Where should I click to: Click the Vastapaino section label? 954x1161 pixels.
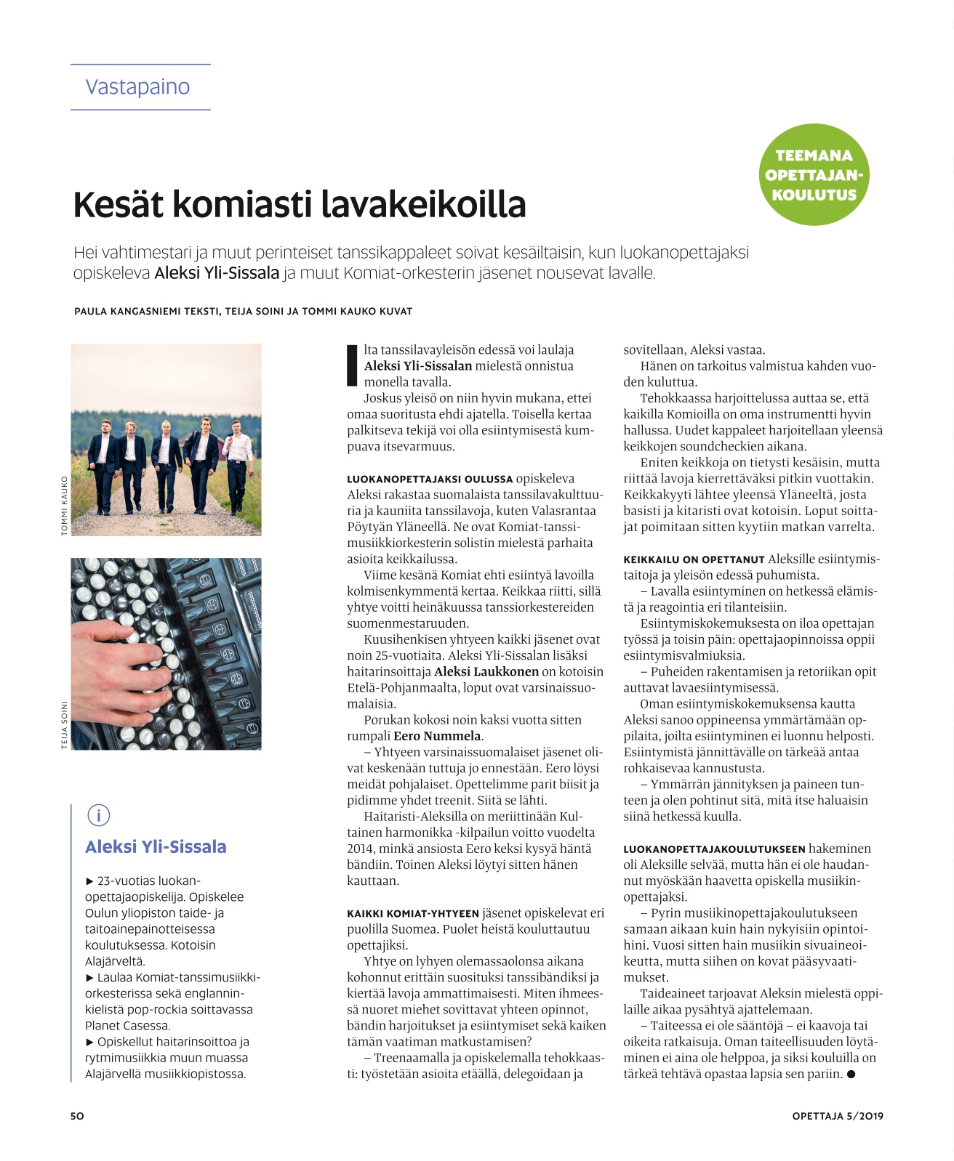(x=137, y=86)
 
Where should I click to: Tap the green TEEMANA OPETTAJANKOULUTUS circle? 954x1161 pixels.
(x=814, y=174)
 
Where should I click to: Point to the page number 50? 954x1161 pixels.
(x=77, y=1116)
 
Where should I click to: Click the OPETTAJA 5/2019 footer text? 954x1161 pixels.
(x=838, y=1116)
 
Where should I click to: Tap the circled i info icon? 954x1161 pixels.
(x=98, y=815)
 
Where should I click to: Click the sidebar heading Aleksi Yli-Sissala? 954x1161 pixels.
(x=156, y=846)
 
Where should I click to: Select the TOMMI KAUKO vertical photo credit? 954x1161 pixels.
(x=64, y=506)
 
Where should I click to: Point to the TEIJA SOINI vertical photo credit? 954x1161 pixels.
(x=64, y=724)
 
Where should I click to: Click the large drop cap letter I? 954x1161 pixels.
(x=353, y=365)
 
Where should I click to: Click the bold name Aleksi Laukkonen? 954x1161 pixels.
(x=486, y=671)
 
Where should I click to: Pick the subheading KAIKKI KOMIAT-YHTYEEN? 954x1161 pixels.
(x=413, y=913)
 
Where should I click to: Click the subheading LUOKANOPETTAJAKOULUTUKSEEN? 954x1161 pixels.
(x=714, y=849)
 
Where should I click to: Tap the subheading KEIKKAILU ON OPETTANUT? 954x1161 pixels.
(x=694, y=559)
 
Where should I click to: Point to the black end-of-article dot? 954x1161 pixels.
(x=851, y=1075)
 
